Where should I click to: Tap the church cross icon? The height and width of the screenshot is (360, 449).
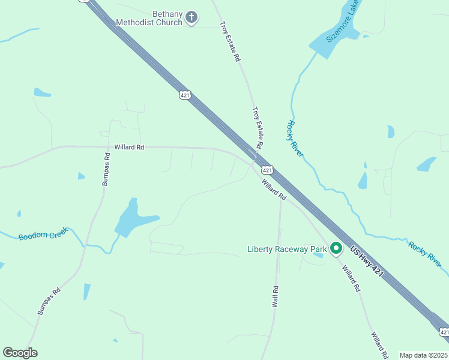(191, 17)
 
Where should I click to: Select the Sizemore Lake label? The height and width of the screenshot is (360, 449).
(343, 22)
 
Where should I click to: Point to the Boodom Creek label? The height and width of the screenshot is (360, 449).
(43, 236)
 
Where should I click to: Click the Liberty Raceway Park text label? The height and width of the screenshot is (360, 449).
(287, 248)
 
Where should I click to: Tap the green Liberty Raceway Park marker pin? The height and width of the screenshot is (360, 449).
(336, 248)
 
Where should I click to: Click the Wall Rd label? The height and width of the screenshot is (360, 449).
(276, 296)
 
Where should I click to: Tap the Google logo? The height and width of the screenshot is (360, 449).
(20, 352)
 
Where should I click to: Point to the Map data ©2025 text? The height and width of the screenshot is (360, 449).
(423, 355)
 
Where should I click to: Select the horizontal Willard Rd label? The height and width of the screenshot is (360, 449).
(129, 147)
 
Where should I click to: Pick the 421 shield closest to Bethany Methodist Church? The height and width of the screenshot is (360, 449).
(185, 95)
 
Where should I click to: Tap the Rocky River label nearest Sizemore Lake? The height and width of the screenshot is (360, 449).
(295, 139)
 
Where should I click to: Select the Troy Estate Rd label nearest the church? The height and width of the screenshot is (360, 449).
(230, 42)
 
